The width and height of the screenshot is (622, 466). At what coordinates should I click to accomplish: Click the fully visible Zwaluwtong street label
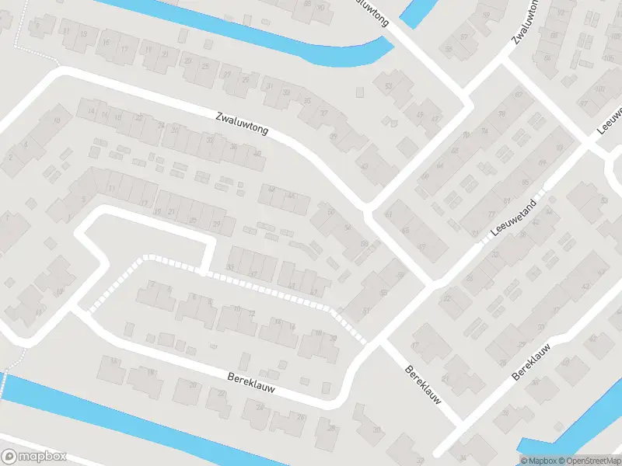click(242, 125)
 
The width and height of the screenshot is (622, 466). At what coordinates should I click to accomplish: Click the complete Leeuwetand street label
click(515, 221)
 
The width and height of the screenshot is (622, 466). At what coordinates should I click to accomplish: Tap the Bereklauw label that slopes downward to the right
click(424, 384)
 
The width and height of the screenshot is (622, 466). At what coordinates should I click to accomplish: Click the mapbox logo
click(34, 457)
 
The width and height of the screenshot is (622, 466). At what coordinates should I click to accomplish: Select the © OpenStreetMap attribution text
click(592, 461)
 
